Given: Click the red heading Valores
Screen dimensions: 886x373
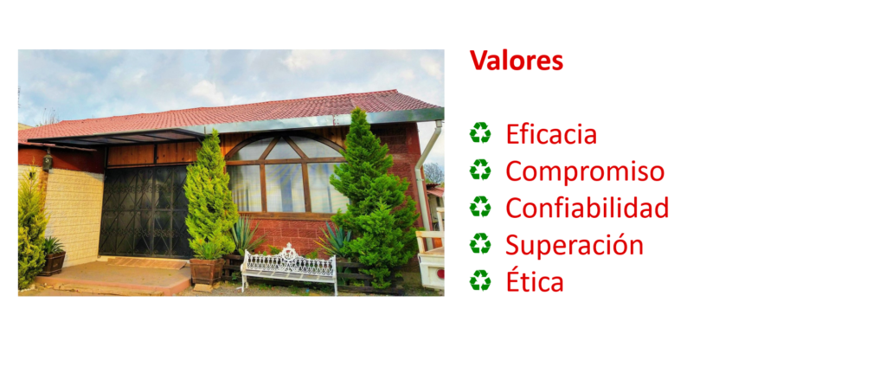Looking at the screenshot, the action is [x=517, y=61].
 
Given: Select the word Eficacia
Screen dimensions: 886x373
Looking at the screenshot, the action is [x=551, y=134].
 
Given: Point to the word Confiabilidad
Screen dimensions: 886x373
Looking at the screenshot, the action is [x=587, y=208].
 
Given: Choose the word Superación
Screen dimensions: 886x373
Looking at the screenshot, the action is [x=575, y=245].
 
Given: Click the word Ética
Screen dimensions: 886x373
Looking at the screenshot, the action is [x=535, y=281].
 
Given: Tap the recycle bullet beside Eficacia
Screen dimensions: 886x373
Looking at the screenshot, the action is [x=480, y=133].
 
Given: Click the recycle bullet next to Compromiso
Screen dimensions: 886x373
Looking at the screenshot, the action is [x=480, y=170].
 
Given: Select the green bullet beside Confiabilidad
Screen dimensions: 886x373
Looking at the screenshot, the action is [x=480, y=207].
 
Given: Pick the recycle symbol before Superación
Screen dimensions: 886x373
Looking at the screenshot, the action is [x=480, y=243].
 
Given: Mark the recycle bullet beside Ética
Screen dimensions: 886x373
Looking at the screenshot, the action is [x=480, y=280].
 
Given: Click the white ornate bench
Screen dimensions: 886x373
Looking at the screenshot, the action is [x=289, y=266].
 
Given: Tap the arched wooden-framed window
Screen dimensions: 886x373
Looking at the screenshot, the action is [x=286, y=174].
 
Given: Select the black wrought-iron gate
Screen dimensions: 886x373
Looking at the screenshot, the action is [x=145, y=211].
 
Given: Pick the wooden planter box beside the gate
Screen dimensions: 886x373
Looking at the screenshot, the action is [x=207, y=271].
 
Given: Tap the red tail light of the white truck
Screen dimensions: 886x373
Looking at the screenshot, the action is [x=440, y=273].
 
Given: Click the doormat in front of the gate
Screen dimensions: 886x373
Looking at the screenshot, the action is [x=147, y=263].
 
